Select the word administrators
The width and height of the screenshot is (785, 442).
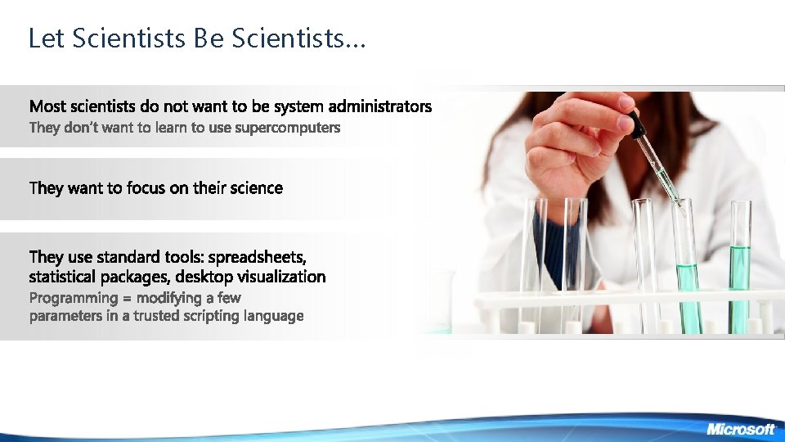(x=380, y=106)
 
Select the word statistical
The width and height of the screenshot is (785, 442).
(x=62, y=277)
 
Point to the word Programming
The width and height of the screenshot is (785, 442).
(x=72, y=298)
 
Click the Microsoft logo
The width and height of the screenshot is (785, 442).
(x=740, y=429)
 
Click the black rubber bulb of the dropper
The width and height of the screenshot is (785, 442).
(x=635, y=123)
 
